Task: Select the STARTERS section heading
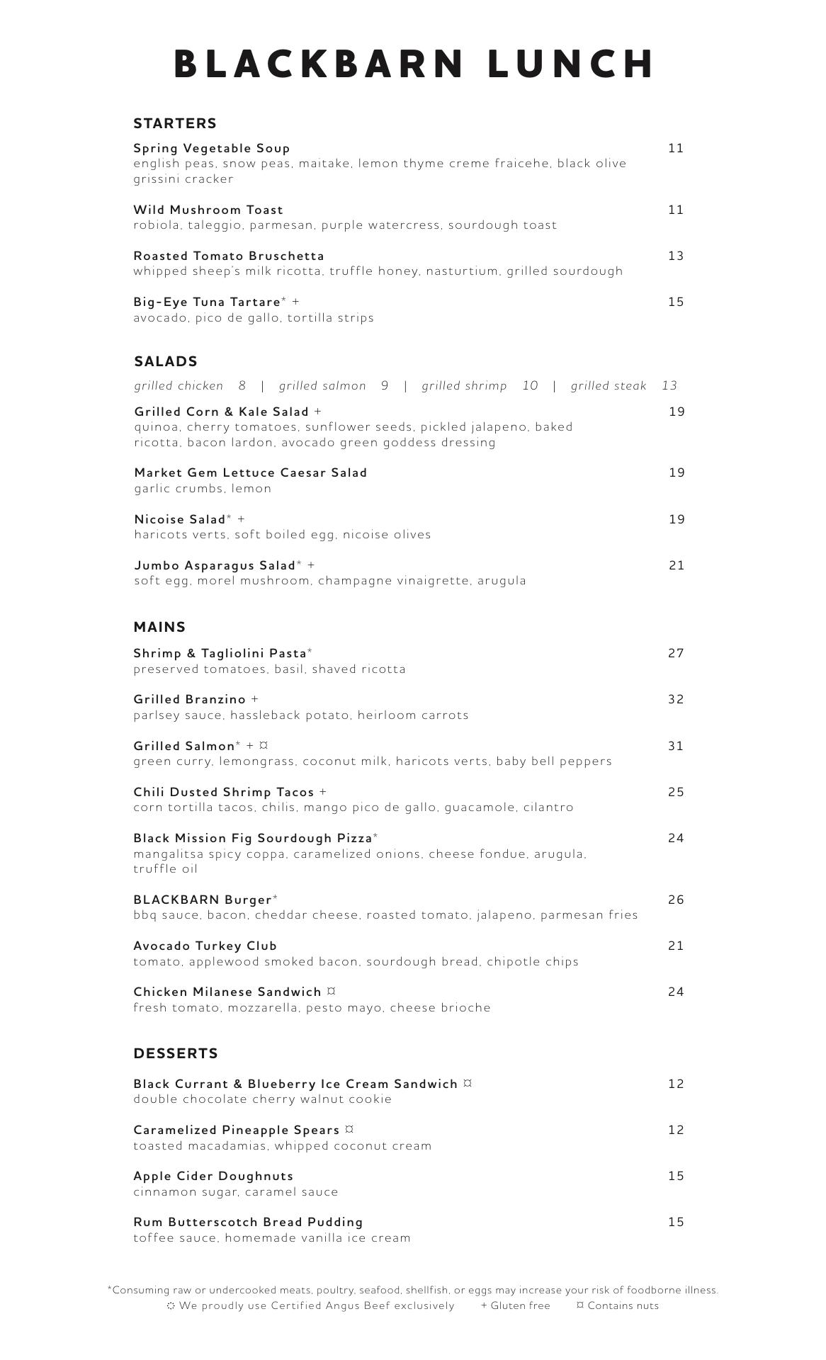175,123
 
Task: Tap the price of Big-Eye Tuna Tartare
676,302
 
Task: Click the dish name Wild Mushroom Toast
208,210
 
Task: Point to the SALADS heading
166,361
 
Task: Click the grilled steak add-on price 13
669,385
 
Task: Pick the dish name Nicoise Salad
180,519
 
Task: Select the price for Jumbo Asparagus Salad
677,565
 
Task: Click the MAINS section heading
159,627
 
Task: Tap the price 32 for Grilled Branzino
676,699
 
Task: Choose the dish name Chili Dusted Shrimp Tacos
224,792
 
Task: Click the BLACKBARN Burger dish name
203,900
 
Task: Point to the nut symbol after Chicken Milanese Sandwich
331,992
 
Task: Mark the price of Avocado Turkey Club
676,946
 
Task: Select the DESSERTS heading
176,1053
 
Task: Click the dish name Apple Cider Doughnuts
213,1176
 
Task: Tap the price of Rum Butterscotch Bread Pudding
676,1222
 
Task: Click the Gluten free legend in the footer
515,1305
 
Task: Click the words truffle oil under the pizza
165,869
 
